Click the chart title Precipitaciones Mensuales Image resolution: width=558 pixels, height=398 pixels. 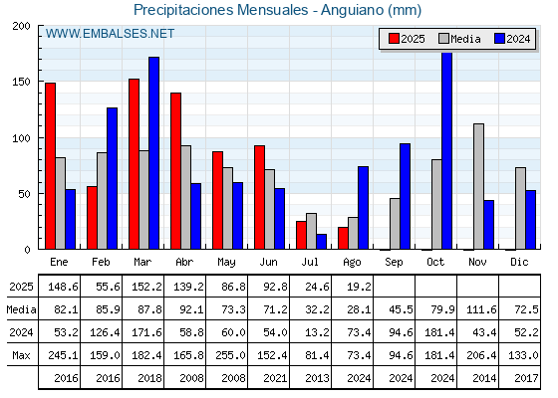220,10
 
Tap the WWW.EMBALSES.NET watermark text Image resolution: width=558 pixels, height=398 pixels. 110,34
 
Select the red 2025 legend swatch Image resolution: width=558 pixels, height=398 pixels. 394,39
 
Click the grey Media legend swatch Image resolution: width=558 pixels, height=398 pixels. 443,39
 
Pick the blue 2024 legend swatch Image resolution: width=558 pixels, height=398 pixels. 499,39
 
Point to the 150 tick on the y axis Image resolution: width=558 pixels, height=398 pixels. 21,82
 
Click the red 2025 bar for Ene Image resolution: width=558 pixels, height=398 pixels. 50,166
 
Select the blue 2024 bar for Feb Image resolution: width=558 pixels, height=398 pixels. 112,178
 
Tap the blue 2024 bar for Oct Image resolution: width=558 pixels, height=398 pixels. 447,151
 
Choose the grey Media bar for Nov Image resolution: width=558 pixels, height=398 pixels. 478,187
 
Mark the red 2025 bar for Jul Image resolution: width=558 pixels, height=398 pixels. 301,235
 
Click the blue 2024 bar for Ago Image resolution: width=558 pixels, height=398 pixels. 363,208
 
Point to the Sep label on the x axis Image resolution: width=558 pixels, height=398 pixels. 394,263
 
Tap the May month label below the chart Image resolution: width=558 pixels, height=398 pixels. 226,263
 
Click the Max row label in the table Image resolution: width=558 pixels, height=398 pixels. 21,355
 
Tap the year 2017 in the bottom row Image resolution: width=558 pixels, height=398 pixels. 526,378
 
